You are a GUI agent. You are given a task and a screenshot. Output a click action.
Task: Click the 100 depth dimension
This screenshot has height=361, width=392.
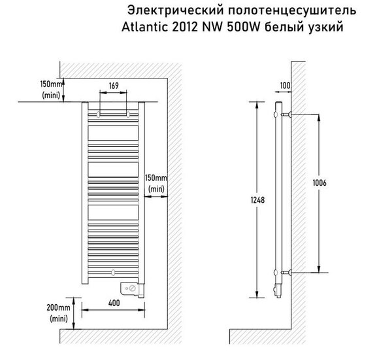tap(285, 85)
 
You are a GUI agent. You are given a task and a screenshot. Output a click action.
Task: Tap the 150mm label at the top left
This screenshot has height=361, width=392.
tap(51, 84)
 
